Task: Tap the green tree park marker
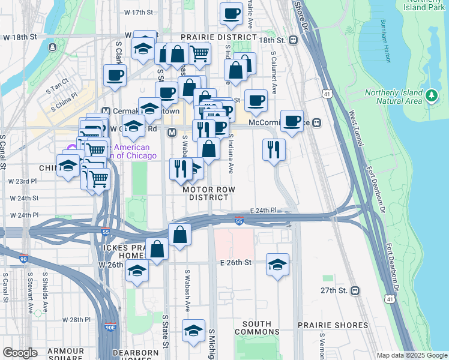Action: tap(430, 95)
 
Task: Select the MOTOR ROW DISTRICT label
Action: tap(209, 193)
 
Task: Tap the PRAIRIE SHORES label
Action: tap(333, 325)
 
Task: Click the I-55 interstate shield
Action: tap(239, 221)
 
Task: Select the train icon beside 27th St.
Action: tap(355, 290)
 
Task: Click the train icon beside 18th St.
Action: tap(293, 40)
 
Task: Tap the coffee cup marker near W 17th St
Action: tap(231, 13)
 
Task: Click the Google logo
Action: tap(20, 352)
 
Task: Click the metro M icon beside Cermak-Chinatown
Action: tap(106, 111)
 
